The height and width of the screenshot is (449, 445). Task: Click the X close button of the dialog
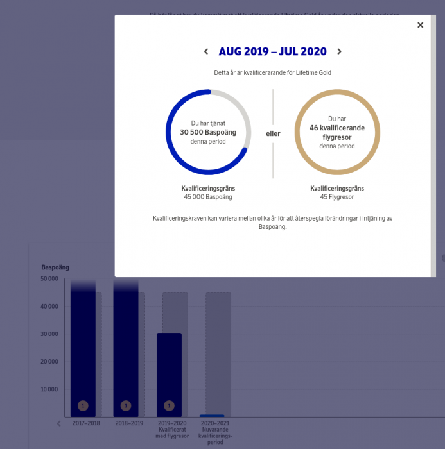(x=420, y=25)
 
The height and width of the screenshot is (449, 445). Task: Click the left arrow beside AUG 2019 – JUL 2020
(x=206, y=52)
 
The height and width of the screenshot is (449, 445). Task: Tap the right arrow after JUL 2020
(x=339, y=52)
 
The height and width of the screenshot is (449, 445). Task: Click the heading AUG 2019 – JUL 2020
(x=272, y=52)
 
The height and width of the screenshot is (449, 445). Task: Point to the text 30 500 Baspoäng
(x=208, y=132)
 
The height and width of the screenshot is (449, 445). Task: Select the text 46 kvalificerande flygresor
(x=337, y=132)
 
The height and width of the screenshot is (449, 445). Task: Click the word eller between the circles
(x=273, y=133)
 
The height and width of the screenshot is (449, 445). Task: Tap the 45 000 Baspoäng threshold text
(x=208, y=197)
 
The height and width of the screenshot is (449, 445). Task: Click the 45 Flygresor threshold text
(x=337, y=197)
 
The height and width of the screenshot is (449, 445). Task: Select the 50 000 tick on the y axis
(x=49, y=278)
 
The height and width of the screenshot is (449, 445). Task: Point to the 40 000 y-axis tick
(x=49, y=306)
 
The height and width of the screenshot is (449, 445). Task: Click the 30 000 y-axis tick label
(x=49, y=334)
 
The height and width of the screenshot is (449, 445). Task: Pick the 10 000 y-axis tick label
(x=49, y=389)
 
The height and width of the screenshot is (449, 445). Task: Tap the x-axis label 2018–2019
(x=129, y=424)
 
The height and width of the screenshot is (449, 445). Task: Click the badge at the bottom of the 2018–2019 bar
(x=126, y=405)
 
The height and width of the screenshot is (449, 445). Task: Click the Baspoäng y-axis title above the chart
(x=55, y=267)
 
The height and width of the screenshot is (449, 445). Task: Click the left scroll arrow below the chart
(x=59, y=423)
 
